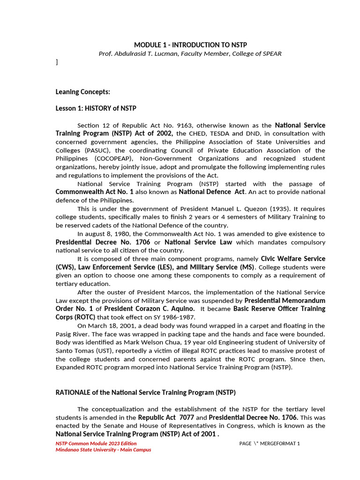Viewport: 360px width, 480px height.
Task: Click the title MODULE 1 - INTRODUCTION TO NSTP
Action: click(x=190, y=45)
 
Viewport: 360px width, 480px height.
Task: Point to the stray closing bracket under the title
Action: click(x=57, y=62)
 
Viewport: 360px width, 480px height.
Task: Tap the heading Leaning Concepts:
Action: click(x=82, y=92)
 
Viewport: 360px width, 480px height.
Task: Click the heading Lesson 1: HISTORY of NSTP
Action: click(x=96, y=108)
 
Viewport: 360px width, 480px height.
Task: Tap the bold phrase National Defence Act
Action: click(x=212, y=192)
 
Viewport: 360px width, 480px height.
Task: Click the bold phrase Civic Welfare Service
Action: click(x=293, y=259)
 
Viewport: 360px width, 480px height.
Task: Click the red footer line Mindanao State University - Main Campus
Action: click(x=103, y=450)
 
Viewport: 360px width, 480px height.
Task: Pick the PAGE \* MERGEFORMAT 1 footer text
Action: click(x=269, y=444)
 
